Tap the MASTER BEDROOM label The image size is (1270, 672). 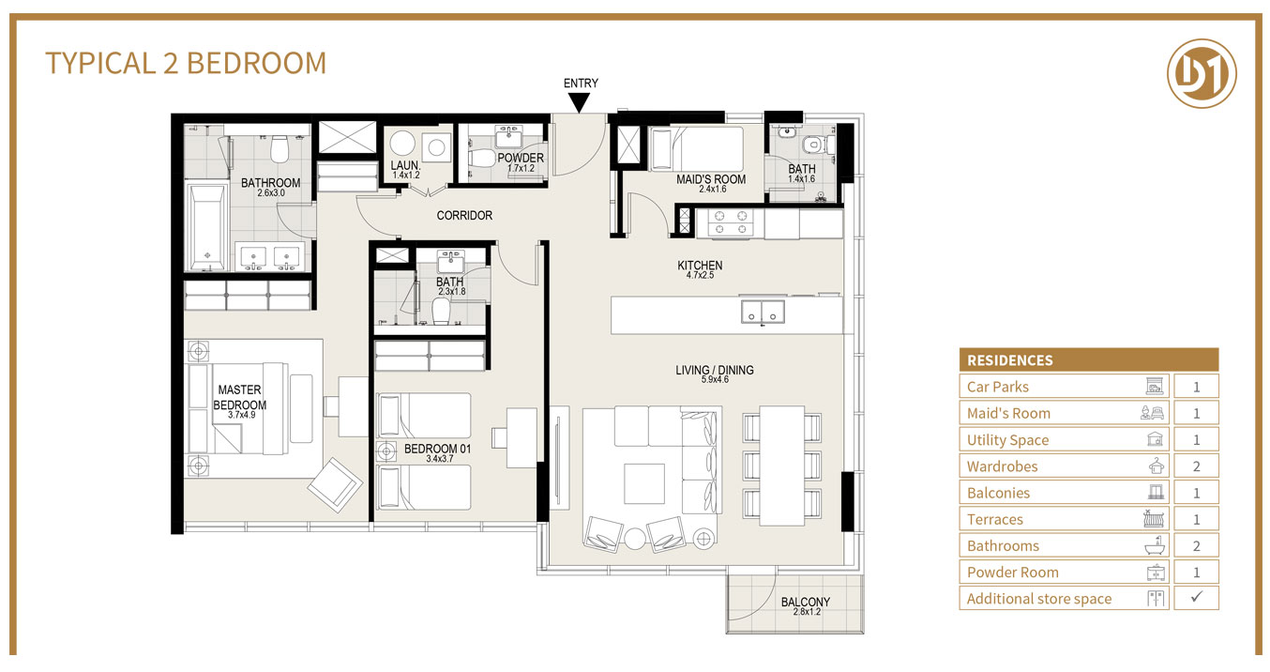click(239, 397)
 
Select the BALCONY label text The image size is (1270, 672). click(805, 603)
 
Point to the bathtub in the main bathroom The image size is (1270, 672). click(206, 226)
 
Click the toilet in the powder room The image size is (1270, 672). click(482, 157)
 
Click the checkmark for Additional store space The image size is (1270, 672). click(1195, 598)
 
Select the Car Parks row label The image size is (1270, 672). click(998, 387)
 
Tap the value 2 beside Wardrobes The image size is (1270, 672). click(1195, 466)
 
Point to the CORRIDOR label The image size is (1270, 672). click(464, 216)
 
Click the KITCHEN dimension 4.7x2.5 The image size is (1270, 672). click(700, 277)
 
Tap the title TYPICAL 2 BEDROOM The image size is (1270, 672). click(186, 63)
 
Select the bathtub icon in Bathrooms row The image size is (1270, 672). click(1155, 545)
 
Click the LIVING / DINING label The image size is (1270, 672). click(714, 370)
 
